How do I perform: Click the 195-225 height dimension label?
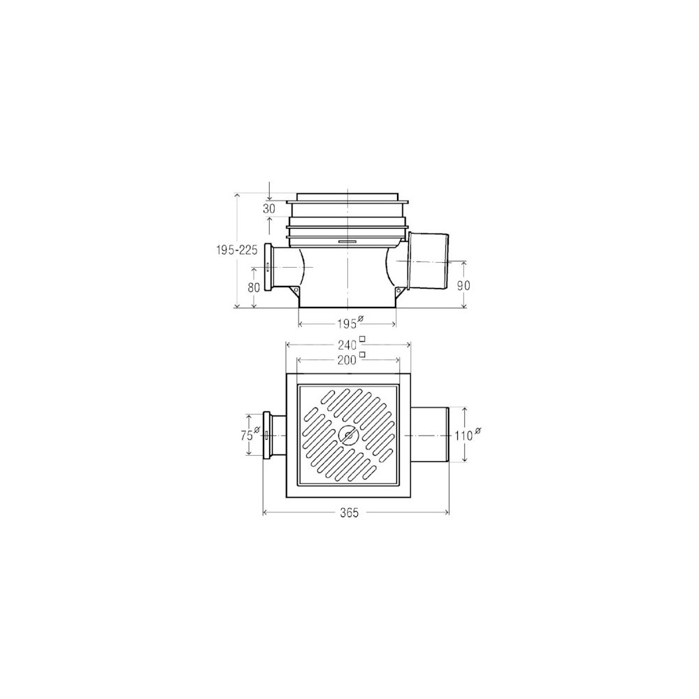click(x=237, y=250)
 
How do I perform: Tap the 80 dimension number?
click(x=254, y=287)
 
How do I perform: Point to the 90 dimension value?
click(x=463, y=285)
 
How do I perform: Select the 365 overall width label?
click(x=349, y=513)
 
